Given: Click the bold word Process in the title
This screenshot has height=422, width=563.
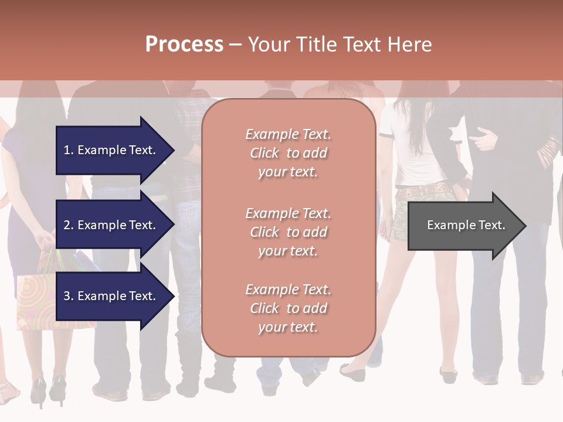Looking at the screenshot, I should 184,45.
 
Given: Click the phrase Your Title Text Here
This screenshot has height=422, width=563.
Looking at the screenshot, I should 340,45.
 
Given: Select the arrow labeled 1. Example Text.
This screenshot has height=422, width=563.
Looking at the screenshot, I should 111,150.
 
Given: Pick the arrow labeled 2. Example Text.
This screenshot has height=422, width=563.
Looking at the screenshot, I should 111,225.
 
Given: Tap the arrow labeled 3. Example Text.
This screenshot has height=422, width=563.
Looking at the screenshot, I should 111,296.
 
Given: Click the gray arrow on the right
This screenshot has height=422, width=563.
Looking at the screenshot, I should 463,225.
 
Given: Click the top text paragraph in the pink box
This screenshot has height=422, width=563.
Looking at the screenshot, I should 288,153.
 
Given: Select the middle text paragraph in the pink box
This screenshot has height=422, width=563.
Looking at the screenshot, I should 288,232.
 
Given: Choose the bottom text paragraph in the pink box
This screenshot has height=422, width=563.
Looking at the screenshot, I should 288,308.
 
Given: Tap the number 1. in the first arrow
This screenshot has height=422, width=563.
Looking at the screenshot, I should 69,150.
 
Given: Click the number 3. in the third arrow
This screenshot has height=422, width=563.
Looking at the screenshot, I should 69,296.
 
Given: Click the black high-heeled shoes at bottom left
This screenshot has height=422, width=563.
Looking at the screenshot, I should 47,390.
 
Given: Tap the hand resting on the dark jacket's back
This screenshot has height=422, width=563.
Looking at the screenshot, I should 484,140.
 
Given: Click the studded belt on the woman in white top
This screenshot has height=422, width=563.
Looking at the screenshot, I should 423,190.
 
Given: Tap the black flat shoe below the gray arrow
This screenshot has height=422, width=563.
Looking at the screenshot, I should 449,374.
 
